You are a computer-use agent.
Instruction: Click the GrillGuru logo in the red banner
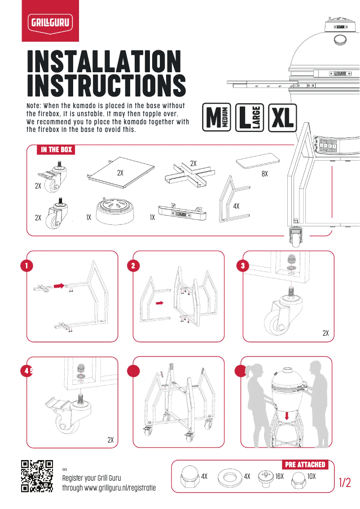coord(50,21)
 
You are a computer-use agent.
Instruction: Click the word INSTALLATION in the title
coord(104,61)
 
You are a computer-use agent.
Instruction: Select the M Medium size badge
coord(217,118)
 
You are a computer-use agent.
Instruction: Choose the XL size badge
coord(283,118)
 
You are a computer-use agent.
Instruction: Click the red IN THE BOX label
coord(56,149)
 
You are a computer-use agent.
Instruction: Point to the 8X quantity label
coord(264,174)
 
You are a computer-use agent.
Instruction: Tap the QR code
coord(37,476)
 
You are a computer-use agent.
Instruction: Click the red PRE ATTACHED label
coord(305,464)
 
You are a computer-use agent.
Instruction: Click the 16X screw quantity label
coord(280,476)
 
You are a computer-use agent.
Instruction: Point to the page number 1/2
coord(345,483)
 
